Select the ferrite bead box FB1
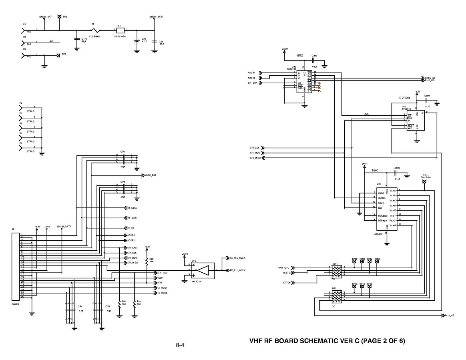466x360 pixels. [x=119, y=30]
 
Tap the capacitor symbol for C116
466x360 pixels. [x=77, y=38]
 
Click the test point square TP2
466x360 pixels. [x=58, y=55]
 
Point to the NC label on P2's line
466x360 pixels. [x=51, y=41]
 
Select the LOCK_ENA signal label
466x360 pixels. [x=151, y=175]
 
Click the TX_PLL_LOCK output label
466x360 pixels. [x=237, y=258]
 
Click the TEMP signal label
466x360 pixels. [x=160, y=278]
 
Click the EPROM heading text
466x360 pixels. [x=406, y=98]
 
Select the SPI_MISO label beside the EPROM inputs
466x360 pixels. [x=255, y=158]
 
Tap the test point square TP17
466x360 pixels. [x=425, y=181]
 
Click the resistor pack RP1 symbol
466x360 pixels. [x=337, y=271]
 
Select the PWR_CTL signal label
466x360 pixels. [x=286, y=267]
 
